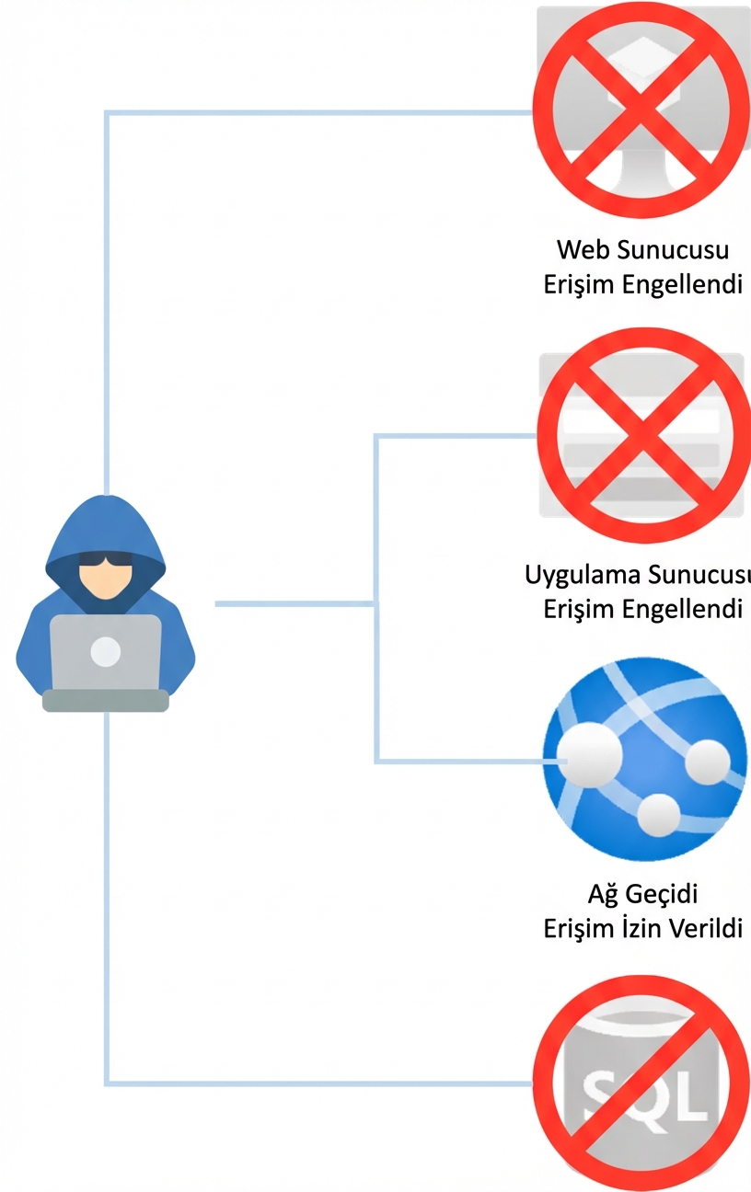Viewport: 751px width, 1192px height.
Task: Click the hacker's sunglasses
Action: click(x=106, y=560)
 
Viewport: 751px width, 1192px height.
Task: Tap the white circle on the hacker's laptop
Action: click(x=106, y=651)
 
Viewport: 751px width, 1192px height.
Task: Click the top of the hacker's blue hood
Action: click(x=106, y=503)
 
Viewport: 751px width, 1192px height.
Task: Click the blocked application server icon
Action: click(x=641, y=434)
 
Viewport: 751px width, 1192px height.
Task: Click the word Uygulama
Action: click(x=582, y=576)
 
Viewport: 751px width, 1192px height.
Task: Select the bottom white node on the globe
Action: click(x=658, y=813)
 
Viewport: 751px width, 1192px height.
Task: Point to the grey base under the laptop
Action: click(x=106, y=701)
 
